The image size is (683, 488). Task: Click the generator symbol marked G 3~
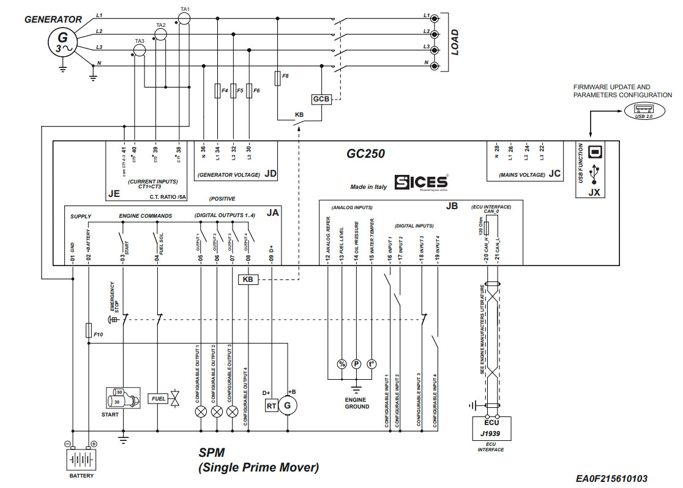62,42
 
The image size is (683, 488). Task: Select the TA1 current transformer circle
185,19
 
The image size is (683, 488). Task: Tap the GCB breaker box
321,98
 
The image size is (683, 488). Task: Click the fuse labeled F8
278,78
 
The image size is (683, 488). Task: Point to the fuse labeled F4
217,91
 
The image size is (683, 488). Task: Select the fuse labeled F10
89,330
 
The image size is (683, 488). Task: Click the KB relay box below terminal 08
248,279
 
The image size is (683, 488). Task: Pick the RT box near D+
271,405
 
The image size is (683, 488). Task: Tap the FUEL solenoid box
159,399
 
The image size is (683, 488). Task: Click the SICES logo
422,182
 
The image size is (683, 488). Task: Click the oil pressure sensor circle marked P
356,364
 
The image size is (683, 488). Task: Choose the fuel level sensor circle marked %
341,364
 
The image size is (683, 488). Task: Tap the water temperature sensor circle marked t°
371,364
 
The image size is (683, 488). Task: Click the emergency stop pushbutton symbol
113,319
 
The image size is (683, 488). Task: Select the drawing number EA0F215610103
610,479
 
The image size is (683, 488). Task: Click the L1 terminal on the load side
435,18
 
